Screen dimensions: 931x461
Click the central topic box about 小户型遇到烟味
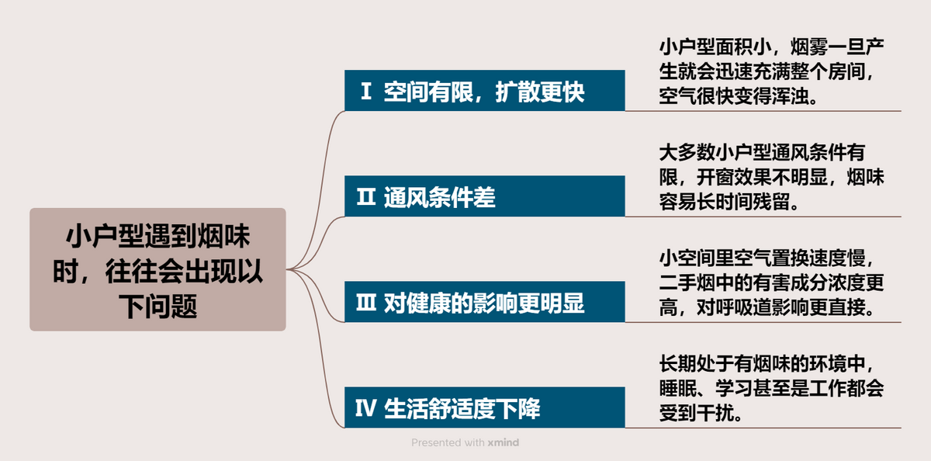point(157,269)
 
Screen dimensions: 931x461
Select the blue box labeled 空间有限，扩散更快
point(484,91)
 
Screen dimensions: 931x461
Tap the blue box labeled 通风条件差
point(484,197)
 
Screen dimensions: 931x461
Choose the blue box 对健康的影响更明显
point(484,303)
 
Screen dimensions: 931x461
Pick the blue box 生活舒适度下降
point(484,408)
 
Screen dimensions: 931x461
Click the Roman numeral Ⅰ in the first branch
point(365,92)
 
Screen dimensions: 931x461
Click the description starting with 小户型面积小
point(771,71)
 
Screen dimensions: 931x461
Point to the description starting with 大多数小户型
point(771,177)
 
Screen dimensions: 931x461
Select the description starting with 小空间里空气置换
point(771,282)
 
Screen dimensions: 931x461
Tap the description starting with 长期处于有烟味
point(771,388)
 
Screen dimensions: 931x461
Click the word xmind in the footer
point(504,442)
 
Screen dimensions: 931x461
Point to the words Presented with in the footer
point(448,442)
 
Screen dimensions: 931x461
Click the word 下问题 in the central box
point(157,306)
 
